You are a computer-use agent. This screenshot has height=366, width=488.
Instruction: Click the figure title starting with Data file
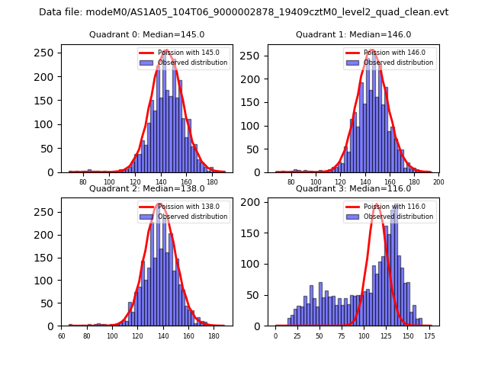click(244, 12)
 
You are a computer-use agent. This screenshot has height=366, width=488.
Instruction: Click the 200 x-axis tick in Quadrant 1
click(438, 182)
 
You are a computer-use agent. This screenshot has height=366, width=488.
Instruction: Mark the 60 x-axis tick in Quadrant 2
click(63, 335)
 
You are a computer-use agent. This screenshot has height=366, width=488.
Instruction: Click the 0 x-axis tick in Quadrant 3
click(276, 335)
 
